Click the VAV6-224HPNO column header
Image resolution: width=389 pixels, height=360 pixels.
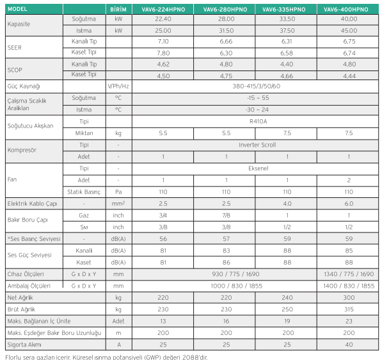point(163,9)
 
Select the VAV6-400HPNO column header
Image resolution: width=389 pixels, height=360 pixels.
point(349,9)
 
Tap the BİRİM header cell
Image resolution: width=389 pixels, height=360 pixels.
point(118,9)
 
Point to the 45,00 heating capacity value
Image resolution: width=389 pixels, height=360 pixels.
point(349,30)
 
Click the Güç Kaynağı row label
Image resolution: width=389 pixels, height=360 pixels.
point(25,86)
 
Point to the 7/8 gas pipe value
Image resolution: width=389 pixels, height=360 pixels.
point(225,215)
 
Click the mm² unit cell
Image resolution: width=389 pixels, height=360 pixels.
point(118,204)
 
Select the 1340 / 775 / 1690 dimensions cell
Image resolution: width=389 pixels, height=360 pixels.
point(349,274)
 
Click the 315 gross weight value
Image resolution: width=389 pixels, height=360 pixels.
point(349,309)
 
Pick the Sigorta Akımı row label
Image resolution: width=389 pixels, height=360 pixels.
point(26,345)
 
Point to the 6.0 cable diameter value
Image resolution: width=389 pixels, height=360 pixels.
point(349,204)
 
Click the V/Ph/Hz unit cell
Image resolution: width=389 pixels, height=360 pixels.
point(118,86)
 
